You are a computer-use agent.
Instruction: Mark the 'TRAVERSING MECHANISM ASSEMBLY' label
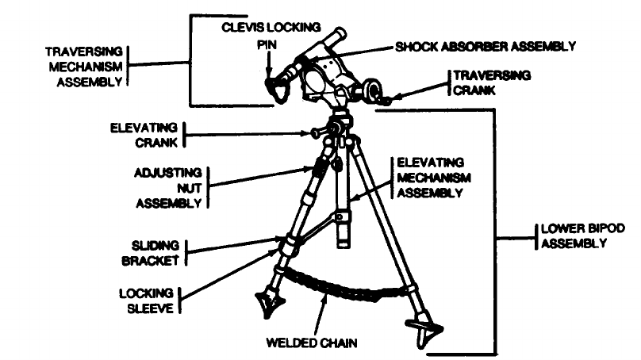pos(83,64)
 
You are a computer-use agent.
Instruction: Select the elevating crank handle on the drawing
pos(318,132)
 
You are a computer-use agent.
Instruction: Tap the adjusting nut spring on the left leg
pos(319,167)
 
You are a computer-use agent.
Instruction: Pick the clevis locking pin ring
pos(276,90)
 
